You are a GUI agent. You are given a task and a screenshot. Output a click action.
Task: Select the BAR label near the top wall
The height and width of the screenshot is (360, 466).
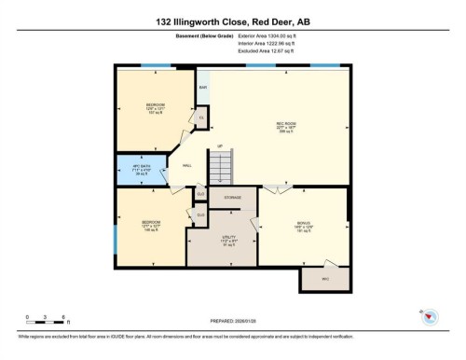tap(202, 89)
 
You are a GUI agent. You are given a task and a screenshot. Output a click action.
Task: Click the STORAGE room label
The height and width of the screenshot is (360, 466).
tap(232, 198)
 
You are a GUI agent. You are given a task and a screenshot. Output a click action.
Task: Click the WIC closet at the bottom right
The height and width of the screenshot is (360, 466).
tap(325, 279)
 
